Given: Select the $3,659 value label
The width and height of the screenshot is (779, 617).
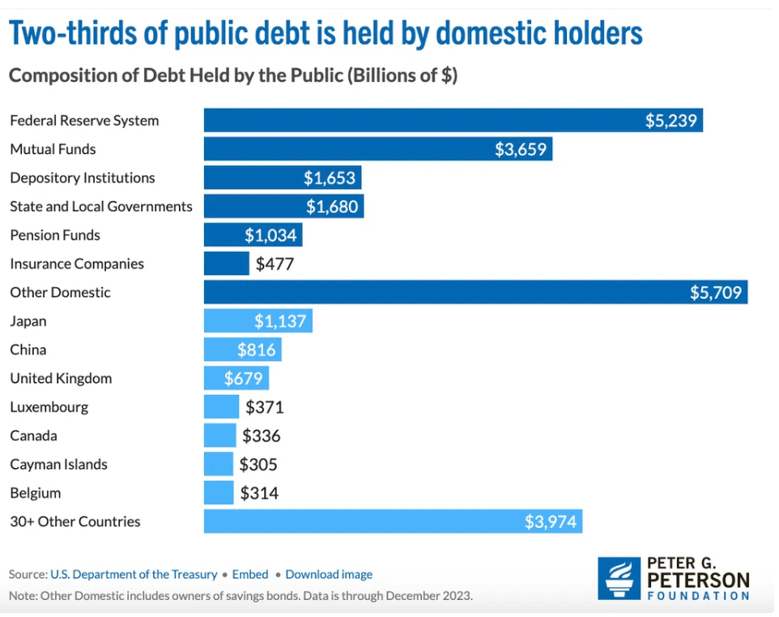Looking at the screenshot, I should pyautogui.click(x=521, y=149).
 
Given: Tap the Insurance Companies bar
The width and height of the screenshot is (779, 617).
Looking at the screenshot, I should pyautogui.click(x=226, y=264).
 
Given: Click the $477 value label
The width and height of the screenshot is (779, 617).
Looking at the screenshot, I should pyautogui.click(x=275, y=264).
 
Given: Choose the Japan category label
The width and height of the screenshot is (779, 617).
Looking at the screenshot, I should pyautogui.click(x=28, y=321).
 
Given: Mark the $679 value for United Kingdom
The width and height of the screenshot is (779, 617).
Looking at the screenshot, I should pyautogui.click(x=244, y=378).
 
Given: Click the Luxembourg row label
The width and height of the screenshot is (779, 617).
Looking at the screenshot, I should pyautogui.click(x=49, y=407).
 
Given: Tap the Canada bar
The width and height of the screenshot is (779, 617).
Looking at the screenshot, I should pyautogui.click(x=219, y=436).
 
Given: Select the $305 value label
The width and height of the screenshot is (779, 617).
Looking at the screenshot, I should pyautogui.click(x=258, y=465).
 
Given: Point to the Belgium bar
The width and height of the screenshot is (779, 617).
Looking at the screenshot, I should pyautogui.click(x=219, y=493).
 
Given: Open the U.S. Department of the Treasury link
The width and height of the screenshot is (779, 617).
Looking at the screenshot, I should pyautogui.click(x=134, y=574).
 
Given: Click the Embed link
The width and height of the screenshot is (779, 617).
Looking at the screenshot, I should pyautogui.click(x=250, y=574).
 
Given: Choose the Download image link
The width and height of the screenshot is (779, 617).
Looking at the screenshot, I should pyautogui.click(x=329, y=574).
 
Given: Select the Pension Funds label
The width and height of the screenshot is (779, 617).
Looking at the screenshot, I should pyautogui.click(x=55, y=236).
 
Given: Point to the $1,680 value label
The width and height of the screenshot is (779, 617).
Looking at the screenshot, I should pyautogui.click(x=332, y=206).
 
